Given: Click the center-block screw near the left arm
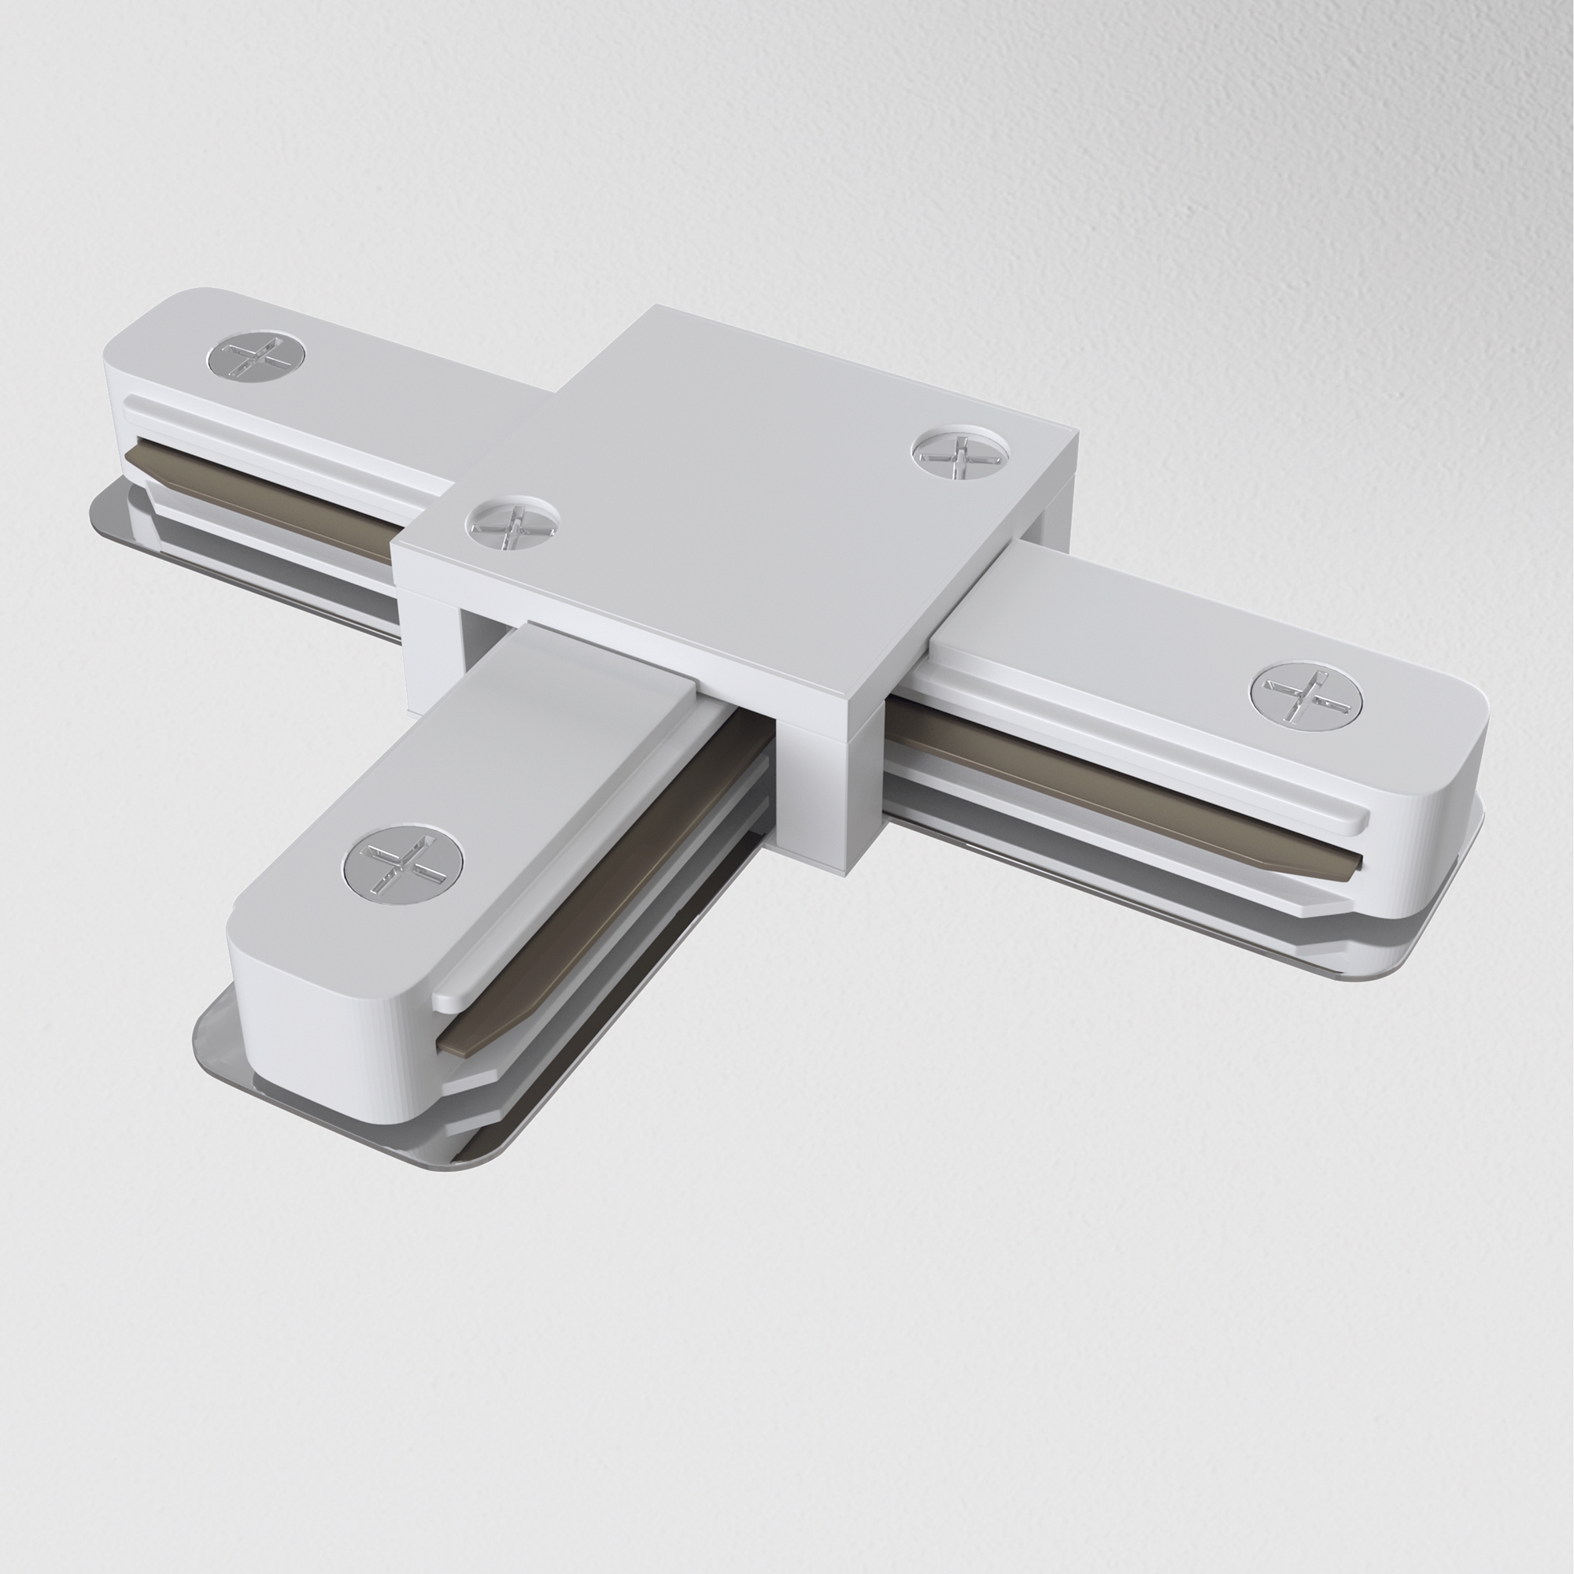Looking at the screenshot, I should pyautogui.click(x=512, y=524).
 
